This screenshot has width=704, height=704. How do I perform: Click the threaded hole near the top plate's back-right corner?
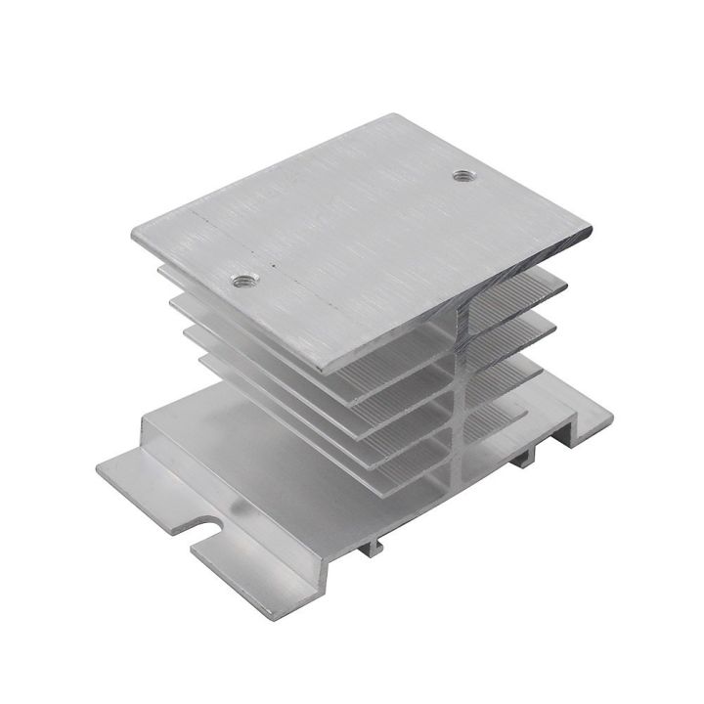click(462, 177)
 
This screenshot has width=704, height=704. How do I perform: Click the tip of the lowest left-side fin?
click(205, 361)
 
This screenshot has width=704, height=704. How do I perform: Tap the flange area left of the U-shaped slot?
click(147, 484)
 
